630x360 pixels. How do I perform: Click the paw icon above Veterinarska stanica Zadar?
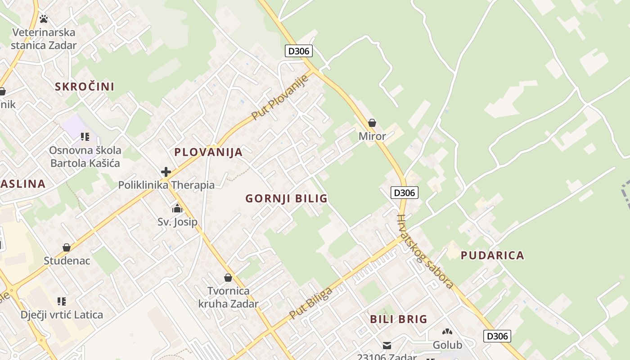coord(44,19)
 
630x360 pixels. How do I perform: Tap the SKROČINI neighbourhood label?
coord(85,86)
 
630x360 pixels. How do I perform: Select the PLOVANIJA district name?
coord(208,152)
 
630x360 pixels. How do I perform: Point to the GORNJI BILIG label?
coord(286,198)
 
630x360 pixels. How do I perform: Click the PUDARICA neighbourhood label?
coord(492,255)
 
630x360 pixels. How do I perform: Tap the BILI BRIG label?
coord(398,319)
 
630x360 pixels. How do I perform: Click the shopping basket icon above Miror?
coord(372,123)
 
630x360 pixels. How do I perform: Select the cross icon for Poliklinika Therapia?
coord(166,171)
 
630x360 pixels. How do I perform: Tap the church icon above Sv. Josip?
coord(177,208)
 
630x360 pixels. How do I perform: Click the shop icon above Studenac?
coord(67,247)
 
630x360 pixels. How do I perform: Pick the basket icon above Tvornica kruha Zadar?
coord(228,278)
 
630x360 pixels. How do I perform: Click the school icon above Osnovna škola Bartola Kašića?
coord(85,136)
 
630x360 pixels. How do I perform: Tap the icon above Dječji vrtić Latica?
coord(62,301)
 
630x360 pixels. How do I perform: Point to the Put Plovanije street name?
coord(279,97)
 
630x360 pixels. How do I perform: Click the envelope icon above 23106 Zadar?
coord(387,346)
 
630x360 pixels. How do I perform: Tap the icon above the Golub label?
coord(447,332)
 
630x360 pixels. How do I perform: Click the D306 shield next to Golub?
coord(497,336)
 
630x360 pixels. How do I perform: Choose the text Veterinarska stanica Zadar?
coord(44,39)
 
